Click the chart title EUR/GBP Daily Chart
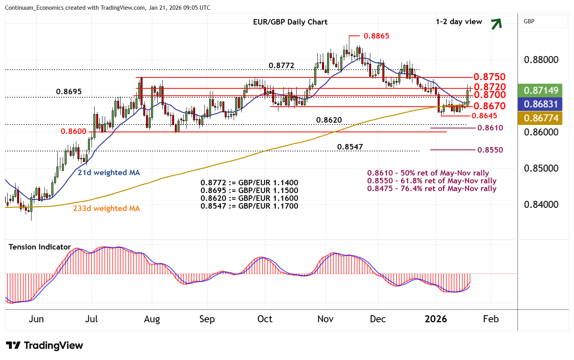tap(290, 22)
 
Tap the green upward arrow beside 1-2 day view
tap(496, 24)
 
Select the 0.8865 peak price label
tap(376, 36)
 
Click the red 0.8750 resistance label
tap(489, 77)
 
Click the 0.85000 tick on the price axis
tap(541, 169)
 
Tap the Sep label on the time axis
tap(207, 319)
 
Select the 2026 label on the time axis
tap(436, 319)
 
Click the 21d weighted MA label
tap(109, 172)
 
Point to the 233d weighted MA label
tap(106, 208)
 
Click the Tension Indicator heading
tap(40, 247)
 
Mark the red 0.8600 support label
tap(74, 132)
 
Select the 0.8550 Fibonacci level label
tap(490, 150)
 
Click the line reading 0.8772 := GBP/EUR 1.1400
tap(249, 183)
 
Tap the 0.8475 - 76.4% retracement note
tap(431, 189)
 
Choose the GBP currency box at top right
tap(543, 21)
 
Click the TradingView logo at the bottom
tap(45, 345)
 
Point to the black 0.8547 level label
tap(350, 147)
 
